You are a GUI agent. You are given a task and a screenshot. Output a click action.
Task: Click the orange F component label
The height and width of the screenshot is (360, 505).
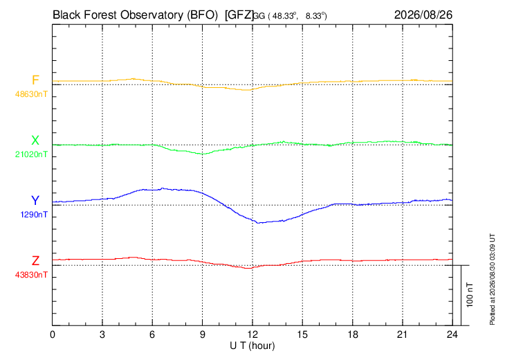pyautogui.click(x=35, y=80)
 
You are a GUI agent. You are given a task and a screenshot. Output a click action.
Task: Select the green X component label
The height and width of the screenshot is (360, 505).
pyautogui.click(x=35, y=141)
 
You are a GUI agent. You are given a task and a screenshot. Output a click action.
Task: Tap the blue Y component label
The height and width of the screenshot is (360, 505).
pyautogui.click(x=35, y=201)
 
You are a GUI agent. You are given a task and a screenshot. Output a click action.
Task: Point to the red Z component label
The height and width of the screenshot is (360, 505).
pyautogui.click(x=35, y=261)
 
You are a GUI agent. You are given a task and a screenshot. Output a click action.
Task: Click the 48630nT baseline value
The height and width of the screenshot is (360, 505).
pyautogui.click(x=31, y=94)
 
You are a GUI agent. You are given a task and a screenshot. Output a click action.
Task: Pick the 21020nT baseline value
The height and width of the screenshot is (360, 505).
pyautogui.click(x=31, y=154)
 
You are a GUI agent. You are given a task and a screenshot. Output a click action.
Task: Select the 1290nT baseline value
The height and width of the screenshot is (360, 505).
pyautogui.click(x=34, y=215)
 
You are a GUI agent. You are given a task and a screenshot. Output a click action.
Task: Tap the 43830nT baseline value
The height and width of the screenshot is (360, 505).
pyautogui.click(x=31, y=275)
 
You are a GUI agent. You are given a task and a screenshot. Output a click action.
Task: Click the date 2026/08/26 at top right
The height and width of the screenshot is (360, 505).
pyautogui.click(x=423, y=15)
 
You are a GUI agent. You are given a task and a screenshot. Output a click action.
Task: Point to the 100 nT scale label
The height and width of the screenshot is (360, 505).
pyautogui.click(x=470, y=295)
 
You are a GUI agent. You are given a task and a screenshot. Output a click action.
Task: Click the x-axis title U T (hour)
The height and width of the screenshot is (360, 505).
pyautogui.click(x=252, y=346)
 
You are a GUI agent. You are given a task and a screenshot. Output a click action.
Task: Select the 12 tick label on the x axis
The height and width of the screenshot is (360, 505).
pyautogui.click(x=252, y=334)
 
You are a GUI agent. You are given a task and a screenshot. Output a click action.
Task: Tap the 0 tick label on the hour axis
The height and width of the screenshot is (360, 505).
pyautogui.click(x=52, y=334)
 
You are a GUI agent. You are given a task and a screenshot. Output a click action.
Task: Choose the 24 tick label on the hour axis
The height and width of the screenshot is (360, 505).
pyautogui.click(x=452, y=334)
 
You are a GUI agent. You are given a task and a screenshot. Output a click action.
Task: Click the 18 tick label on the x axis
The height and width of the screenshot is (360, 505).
pyautogui.click(x=352, y=334)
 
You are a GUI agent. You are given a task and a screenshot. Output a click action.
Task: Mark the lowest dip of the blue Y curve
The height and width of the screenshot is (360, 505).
pyautogui.click(x=257, y=223)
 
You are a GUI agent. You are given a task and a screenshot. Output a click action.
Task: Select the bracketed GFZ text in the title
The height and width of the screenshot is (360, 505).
pyautogui.click(x=239, y=15)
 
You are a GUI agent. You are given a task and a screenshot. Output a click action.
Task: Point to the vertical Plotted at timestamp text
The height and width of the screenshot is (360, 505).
pyautogui.click(x=492, y=279)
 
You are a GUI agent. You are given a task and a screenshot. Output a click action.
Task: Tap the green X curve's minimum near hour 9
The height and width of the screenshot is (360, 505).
pyautogui.click(x=202, y=154)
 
